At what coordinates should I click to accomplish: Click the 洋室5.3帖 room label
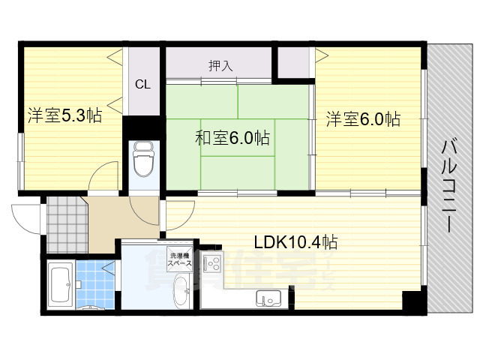[x=64, y=116]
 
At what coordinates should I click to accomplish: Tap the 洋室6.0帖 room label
[x=362, y=118]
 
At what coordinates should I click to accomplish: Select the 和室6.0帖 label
[x=232, y=138]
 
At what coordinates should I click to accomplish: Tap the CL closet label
[x=142, y=84]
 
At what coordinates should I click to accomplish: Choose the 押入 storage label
[x=220, y=65]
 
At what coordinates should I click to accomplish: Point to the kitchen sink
[x=268, y=298]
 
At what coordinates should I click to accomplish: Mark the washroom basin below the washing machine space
[x=181, y=290]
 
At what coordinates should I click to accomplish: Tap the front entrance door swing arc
[x=24, y=219]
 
